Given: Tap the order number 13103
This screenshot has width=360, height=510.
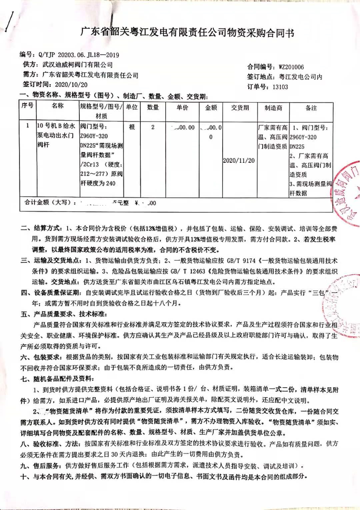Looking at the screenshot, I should pos(280,87).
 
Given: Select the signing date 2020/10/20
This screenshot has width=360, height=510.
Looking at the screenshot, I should pos(71,85).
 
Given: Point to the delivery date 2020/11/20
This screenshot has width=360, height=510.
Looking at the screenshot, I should pos(239,160).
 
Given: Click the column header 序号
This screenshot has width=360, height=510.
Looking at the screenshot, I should pos(27,106).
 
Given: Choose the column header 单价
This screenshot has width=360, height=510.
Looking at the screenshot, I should pos(182,107).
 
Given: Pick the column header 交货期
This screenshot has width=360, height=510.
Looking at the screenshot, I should pos(240,108).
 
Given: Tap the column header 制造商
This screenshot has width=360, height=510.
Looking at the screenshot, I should pos(273,108).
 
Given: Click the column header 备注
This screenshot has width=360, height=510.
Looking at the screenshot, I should pos(311,108).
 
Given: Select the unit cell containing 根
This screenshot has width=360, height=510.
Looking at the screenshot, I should pos(132,127).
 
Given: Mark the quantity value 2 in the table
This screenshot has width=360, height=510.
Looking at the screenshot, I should pos(153,127).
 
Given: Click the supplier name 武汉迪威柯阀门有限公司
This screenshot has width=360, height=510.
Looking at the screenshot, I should pos(77,65).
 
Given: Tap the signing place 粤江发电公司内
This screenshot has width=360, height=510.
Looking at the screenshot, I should pos(300,77).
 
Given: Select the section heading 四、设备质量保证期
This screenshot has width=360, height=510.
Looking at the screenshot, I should pos(51,293).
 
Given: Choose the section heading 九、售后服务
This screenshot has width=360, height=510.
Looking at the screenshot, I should pos(41,466).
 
